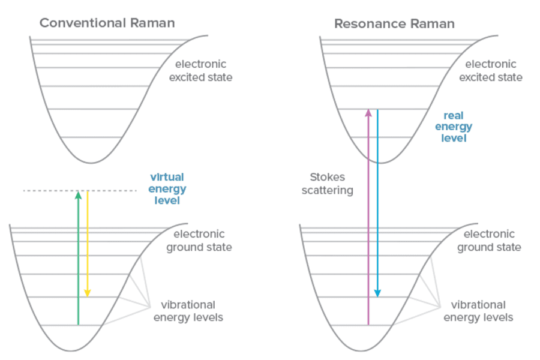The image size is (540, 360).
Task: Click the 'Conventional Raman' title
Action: (107, 23)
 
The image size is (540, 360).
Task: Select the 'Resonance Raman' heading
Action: (394, 24)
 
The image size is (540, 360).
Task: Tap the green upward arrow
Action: (79, 258)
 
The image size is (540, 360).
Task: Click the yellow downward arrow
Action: (88, 244)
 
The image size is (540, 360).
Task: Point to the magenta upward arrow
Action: (368, 217)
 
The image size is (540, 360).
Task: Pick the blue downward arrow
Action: (378, 203)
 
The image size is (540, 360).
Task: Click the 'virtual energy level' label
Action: (167, 188)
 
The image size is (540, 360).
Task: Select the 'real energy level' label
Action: (454, 127)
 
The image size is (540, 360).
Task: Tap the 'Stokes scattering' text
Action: (327, 184)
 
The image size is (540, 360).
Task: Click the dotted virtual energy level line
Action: (80, 191)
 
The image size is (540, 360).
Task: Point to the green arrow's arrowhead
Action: (79, 195)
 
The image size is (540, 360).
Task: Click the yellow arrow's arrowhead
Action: (88, 293)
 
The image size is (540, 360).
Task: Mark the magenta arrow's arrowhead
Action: (368, 113)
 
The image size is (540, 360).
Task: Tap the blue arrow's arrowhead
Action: (378, 293)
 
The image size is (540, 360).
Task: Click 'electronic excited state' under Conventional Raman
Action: (200, 71)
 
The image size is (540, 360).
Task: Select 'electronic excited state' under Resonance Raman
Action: (490, 71)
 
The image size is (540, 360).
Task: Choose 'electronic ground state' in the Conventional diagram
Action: (199, 241)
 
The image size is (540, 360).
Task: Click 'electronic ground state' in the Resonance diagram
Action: (489, 241)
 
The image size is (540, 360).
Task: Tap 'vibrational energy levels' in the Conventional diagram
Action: (188, 311)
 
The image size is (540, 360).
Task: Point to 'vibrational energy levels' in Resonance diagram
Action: (478, 311)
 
